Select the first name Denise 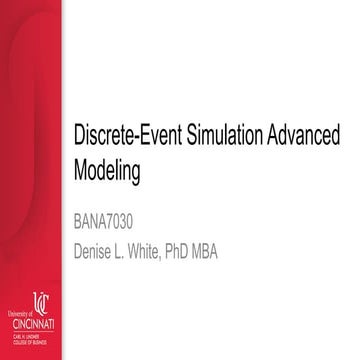(97, 243)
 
